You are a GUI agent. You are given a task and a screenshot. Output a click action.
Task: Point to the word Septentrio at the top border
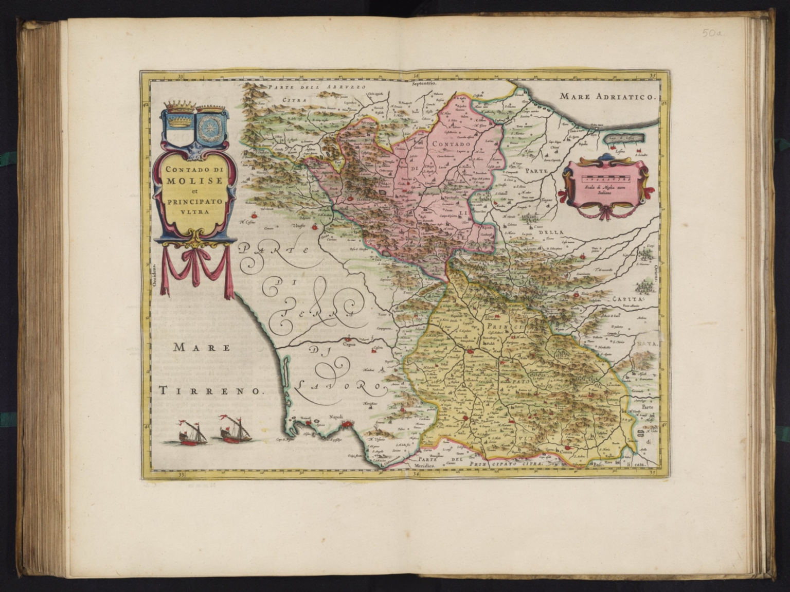[423, 82]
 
